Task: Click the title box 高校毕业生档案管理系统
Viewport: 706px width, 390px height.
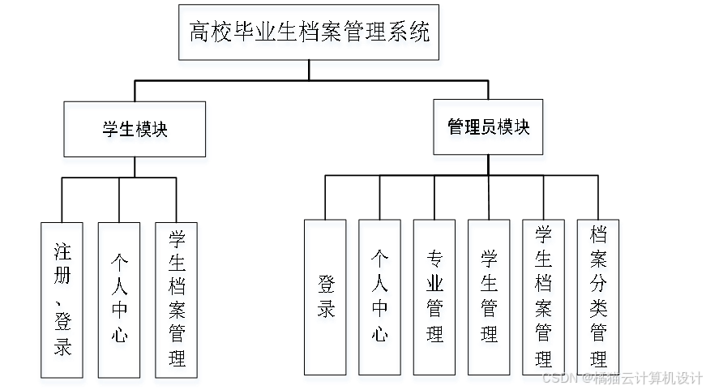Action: point(310,36)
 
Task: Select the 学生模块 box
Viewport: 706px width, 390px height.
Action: point(135,132)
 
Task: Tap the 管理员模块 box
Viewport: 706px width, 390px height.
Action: point(489,129)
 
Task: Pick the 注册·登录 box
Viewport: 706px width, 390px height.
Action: point(63,301)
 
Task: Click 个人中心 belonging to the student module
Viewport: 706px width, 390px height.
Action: point(119,301)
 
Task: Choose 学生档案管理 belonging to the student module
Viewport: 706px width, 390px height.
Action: point(177,301)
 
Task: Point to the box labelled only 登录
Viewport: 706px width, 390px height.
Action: point(327,301)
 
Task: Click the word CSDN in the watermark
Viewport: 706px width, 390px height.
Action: point(558,378)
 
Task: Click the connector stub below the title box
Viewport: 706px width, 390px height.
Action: point(310,65)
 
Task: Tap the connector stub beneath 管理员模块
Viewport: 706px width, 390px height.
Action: point(489,159)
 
